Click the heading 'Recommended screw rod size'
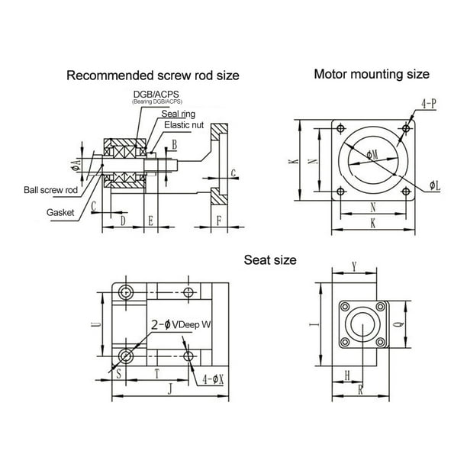(153, 76)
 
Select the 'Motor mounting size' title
(372, 74)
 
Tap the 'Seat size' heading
(269, 259)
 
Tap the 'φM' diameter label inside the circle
(372, 155)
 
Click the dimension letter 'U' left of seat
(94, 324)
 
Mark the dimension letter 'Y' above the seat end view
(353, 267)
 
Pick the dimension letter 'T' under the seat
(157, 374)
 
